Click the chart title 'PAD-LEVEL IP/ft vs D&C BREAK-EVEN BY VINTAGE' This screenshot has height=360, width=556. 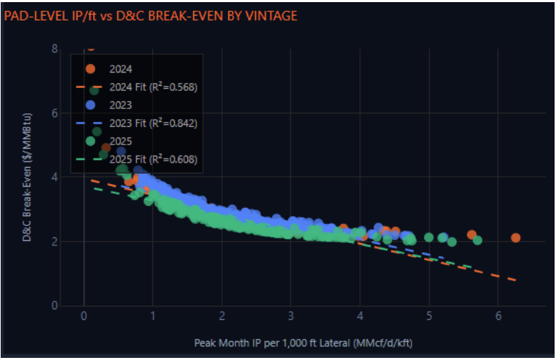[151, 15]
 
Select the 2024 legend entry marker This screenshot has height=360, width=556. [90, 69]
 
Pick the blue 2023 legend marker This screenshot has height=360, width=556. [90, 105]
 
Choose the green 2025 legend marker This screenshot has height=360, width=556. [90, 141]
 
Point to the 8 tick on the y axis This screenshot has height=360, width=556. [54, 49]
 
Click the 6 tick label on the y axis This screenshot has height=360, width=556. [54, 113]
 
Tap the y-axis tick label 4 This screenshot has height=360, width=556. [54, 177]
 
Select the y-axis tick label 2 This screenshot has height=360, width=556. [54, 242]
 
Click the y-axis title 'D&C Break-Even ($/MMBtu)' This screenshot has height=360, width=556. [26, 177]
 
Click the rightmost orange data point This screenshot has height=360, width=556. [516, 238]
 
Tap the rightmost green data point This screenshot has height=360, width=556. [478, 240]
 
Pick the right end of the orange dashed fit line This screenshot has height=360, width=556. [515, 280]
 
